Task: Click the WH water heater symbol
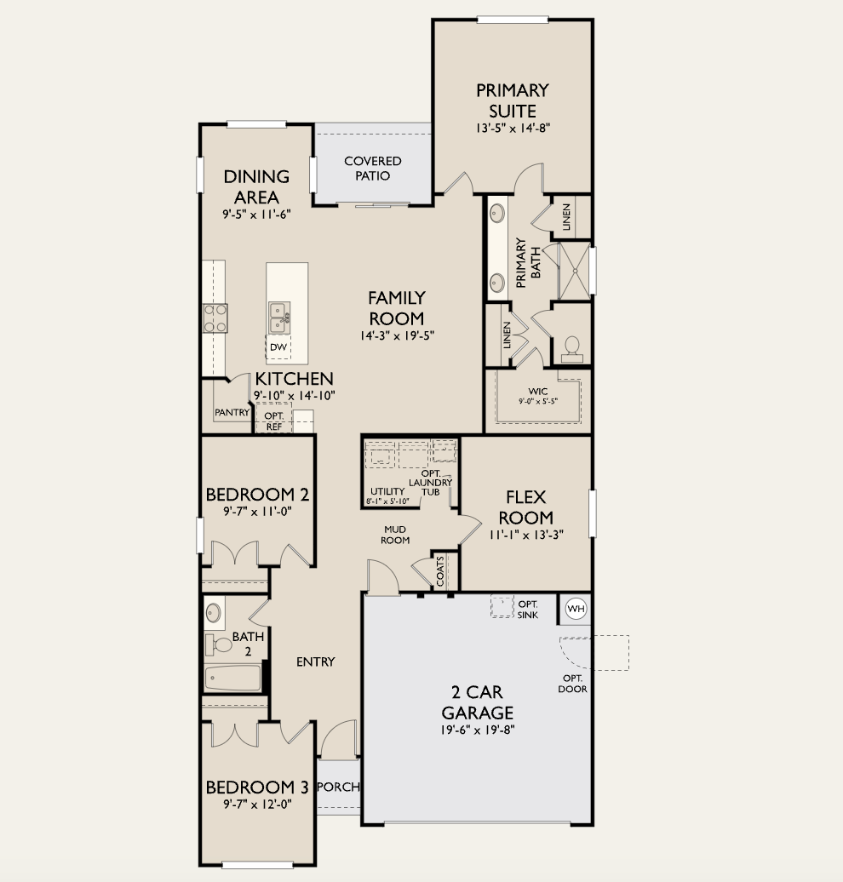pos(576,609)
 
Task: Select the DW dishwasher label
pos(278,347)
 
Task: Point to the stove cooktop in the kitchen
pos(215,318)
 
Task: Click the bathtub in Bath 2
pos(232,679)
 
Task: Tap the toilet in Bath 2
pos(221,644)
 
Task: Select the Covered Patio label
pos(372,169)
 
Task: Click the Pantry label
pos(232,413)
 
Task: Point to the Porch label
pos(338,787)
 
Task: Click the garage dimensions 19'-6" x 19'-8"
pos(477,730)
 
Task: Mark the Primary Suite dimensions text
pos(513,129)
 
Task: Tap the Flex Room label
pos(525,507)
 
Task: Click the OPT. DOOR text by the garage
pos(573,684)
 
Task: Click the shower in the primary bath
pos(575,272)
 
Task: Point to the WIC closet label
pos(537,392)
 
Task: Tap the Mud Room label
pos(395,535)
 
